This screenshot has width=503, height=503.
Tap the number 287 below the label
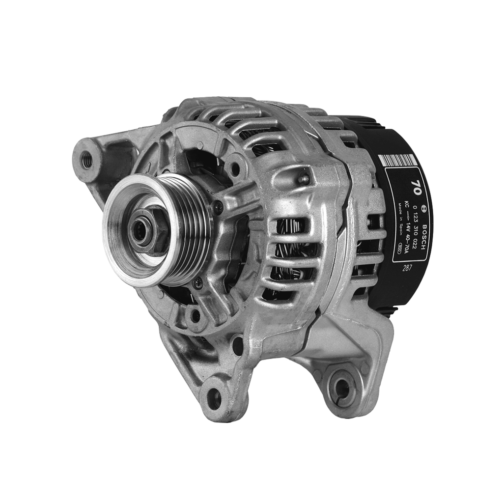coord(406,268)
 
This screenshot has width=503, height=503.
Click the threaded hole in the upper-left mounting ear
coord(86,160)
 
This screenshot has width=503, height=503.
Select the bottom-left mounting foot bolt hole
coord(215,397)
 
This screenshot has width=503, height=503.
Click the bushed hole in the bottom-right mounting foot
coord(342,388)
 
